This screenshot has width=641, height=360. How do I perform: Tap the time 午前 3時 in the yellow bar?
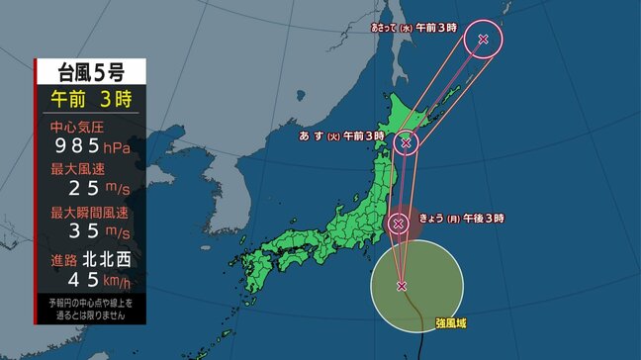(90, 99)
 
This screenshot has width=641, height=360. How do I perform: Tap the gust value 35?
(84, 232)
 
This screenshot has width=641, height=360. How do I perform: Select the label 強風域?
(449, 323)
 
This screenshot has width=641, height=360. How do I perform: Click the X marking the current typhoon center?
(402, 286)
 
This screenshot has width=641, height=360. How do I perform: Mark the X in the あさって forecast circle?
(483, 40)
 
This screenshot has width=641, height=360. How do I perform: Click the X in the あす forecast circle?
(406, 143)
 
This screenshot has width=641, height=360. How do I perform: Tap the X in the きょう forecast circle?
(399, 224)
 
